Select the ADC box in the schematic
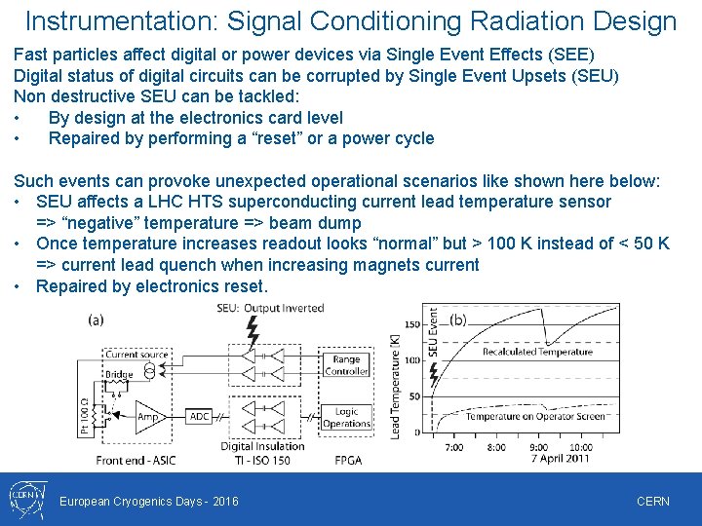point(199,416)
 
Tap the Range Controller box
point(346,365)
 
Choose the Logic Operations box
point(346,417)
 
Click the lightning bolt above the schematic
point(253,330)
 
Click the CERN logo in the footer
point(23,500)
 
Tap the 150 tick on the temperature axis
point(411,324)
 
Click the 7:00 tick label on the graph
point(454,447)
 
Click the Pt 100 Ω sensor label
point(84,413)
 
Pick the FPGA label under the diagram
point(350,460)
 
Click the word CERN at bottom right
point(652,501)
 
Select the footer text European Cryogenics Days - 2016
point(149,501)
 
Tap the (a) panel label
point(97,319)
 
